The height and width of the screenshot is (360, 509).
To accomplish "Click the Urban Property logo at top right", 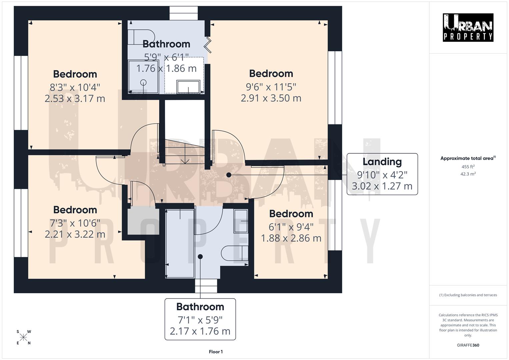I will click(x=468, y=27).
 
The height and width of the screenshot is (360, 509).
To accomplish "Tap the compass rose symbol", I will click(x=24, y=337).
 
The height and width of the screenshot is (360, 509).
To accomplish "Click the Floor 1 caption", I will click(x=216, y=352).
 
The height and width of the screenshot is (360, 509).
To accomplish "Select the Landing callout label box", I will click(x=382, y=174).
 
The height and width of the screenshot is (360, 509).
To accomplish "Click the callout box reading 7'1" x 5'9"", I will click(x=200, y=319).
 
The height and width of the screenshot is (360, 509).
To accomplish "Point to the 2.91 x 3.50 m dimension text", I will click(x=271, y=98).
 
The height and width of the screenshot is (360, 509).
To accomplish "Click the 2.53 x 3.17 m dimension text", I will click(x=75, y=99).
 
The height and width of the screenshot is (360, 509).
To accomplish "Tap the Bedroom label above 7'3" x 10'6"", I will click(x=75, y=210).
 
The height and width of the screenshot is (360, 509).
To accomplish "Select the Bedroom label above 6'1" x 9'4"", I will click(x=291, y=214).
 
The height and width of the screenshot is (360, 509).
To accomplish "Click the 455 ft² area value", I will click(x=468, y=167).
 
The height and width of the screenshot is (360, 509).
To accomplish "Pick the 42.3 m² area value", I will click(x=468, y=174).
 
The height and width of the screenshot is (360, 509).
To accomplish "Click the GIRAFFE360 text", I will click(x=468, y=345).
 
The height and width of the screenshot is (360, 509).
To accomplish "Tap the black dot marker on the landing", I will click(x=229, y=175).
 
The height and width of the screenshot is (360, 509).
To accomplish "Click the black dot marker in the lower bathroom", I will click(x=200, y=256).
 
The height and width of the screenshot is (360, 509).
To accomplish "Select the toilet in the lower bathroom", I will click(x=235, y=253).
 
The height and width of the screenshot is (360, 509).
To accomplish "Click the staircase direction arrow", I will click(x=185, y=157).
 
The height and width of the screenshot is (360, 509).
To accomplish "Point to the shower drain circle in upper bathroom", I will click(x=144, y=82).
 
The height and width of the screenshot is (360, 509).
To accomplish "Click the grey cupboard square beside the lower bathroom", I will click(x=141, y=221).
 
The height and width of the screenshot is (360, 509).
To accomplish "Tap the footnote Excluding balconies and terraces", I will click(x=468, y=295).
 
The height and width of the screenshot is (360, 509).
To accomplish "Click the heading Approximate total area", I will click(x=468, y=158).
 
